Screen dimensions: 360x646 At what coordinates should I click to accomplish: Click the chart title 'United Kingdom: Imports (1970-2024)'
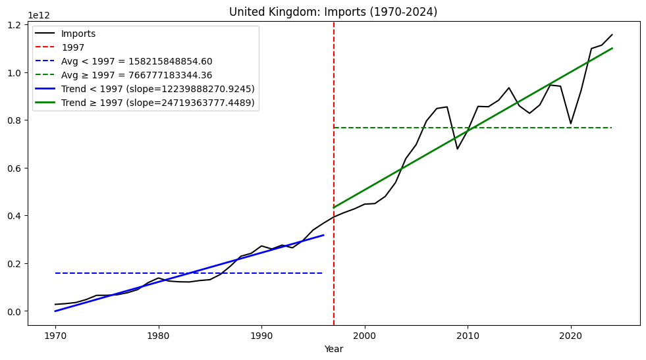tap(333, 12)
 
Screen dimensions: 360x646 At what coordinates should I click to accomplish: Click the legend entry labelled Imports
tap(78, 34)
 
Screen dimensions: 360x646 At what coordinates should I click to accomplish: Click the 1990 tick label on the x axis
tap(261, 336)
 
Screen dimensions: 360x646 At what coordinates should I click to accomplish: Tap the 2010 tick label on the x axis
tap(468, 336)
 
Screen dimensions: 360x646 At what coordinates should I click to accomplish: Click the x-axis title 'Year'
tap(333, 349)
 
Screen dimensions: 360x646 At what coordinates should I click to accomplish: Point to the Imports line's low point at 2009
tap(458, 149)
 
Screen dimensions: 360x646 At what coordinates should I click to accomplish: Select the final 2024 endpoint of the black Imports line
tap(612, 35)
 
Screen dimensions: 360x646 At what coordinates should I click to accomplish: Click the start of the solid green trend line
tap(334, 208)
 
